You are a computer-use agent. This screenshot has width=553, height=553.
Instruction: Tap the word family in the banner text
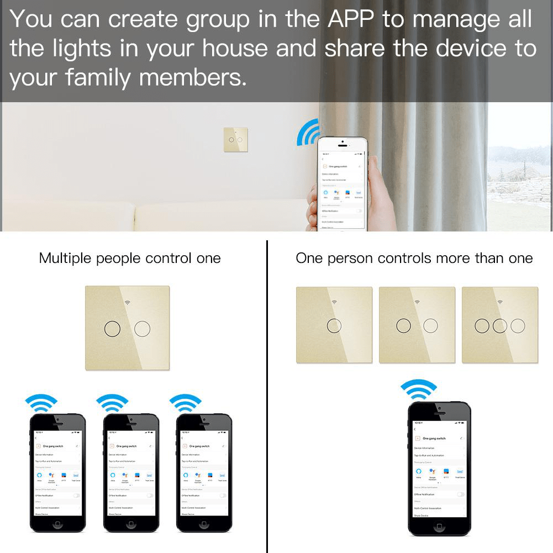coord(99,77)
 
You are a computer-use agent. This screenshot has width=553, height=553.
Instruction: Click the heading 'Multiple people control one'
coord(130,258)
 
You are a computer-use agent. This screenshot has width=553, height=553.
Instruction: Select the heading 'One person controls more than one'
coord(414,258)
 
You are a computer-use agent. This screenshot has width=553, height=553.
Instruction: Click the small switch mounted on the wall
coord(236,140)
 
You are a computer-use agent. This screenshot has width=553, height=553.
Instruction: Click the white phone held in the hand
coord(341,182)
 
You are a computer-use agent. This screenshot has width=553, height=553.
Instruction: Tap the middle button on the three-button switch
coord(500,325)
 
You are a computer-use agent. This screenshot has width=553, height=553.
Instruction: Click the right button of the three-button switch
coord(518,325)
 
